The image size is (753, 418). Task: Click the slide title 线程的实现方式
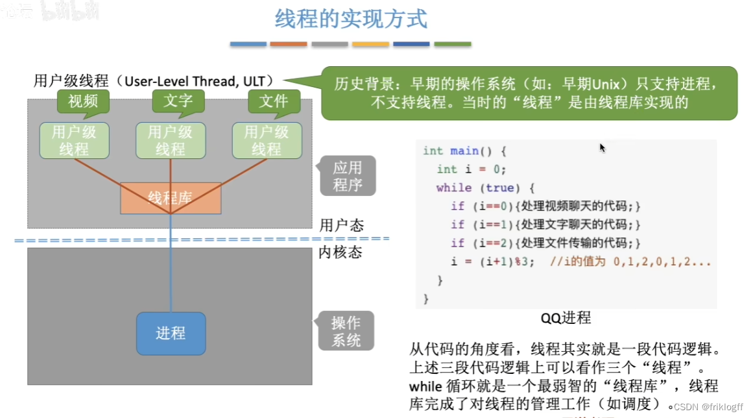tap(351, 19)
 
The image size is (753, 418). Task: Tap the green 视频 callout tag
tap(83, 101)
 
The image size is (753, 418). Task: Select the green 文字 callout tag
tap(178, 101)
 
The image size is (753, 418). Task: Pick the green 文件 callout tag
tap(274, 101)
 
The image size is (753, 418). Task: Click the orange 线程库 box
tap(170, 197)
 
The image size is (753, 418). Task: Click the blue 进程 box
tap(171, 333)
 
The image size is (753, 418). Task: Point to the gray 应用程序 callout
tap(347, 176)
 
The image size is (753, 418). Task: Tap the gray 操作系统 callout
tap(346, 331)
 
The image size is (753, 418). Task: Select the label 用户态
tap(341, 225)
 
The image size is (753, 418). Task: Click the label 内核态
tap(340, 252)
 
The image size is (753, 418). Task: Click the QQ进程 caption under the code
tap(566, 318)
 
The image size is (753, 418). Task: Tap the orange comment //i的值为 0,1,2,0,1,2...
tap(630, 262)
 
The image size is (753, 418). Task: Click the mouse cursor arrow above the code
tap(602, 147)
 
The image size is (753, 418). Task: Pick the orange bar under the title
tap(289, 44)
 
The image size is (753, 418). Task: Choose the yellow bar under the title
tap(370, 44)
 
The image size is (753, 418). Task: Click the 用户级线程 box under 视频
tap(74, 140)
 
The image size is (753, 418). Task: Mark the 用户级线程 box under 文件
tap(267, 140)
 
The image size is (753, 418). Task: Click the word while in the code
tap(454, 188)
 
